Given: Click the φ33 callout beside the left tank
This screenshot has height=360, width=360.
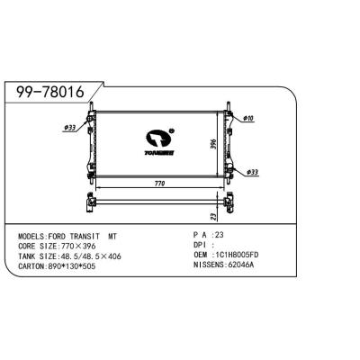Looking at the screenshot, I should click(x=69, y=127).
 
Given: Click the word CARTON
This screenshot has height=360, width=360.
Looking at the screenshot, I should click(x=31, y=266).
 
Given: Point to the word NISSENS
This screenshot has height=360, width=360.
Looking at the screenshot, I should click(x=208, y=265).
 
